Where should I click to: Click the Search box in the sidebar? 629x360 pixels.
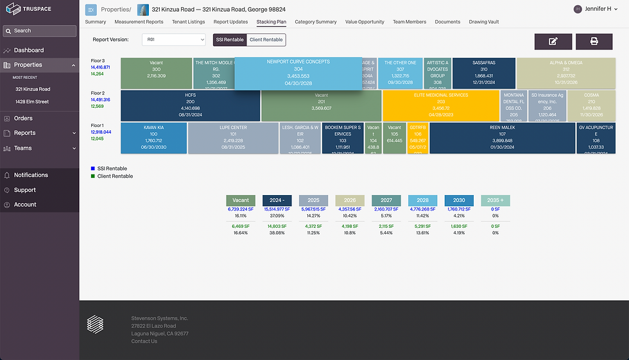[39, 31]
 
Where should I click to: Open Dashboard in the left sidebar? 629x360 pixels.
[29, 50]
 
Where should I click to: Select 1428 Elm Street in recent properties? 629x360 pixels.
[32, 101]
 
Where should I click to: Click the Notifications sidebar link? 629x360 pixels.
[31, 175]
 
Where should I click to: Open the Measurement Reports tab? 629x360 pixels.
[139, 22]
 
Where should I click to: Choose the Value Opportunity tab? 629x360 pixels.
[365, 22]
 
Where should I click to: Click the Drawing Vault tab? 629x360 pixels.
[487, 22]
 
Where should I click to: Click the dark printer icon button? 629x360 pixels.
[594, 41]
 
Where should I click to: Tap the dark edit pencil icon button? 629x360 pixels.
[553, 41]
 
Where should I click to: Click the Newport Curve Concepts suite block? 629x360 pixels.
[298, 73]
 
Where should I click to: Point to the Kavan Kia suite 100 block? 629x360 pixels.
[153, 138]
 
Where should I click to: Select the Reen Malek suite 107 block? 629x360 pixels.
[502, 138]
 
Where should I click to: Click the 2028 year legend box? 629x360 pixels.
[422, 200]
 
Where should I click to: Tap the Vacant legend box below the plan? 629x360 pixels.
[241, 200]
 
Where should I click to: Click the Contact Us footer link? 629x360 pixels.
[144, 341]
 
